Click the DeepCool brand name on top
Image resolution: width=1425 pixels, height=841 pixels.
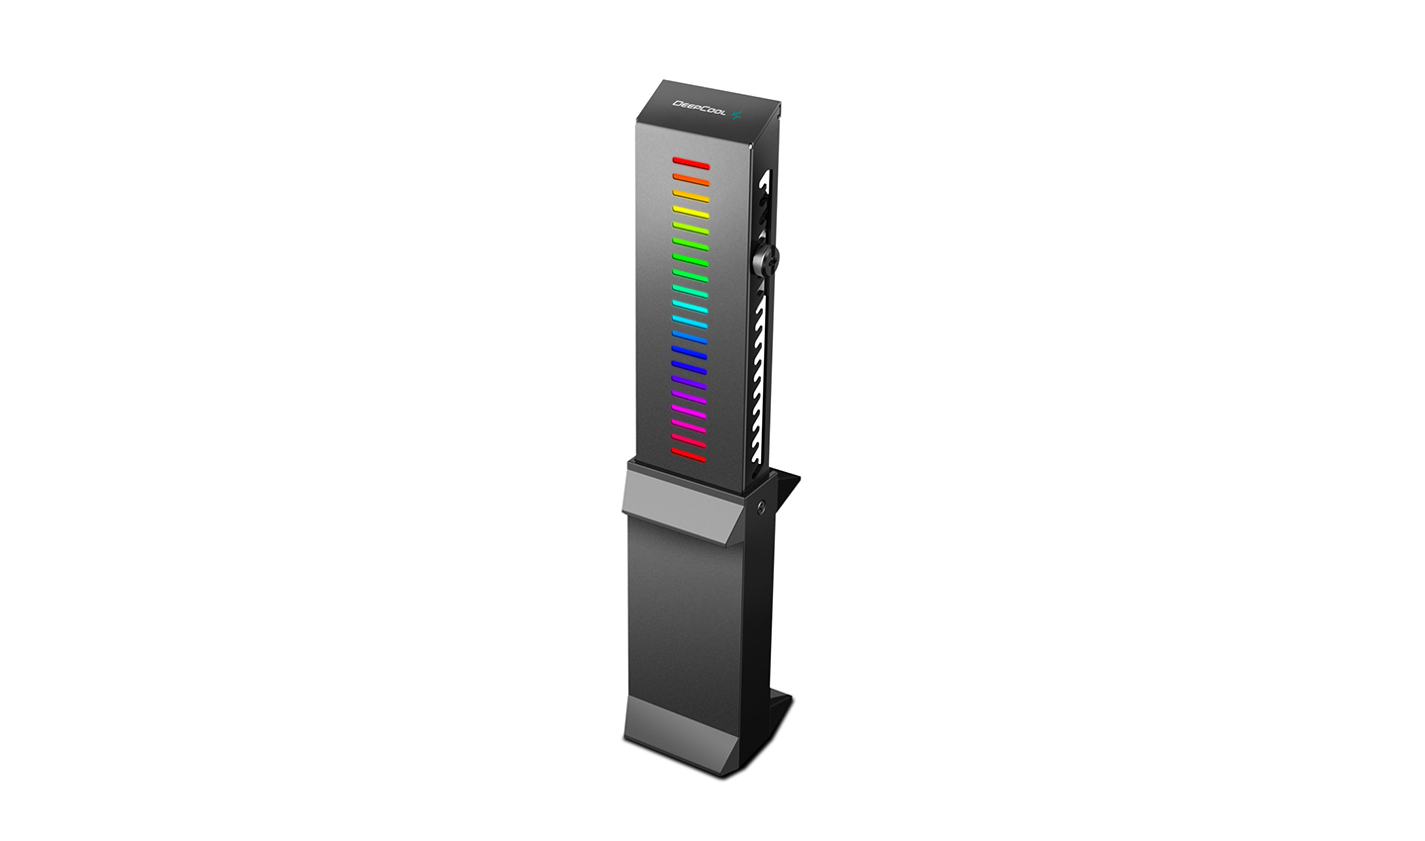699,108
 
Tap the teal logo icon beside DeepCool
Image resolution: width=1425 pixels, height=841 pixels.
734,117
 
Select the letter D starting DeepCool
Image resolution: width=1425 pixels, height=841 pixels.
677,101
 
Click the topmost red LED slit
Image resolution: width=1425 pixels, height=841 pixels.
691,162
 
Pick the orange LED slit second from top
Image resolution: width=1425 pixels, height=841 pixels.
691,179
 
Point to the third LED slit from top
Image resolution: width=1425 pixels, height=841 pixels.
691,195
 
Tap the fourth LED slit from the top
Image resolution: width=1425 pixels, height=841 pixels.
691,211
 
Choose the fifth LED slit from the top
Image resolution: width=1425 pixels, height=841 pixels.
691,227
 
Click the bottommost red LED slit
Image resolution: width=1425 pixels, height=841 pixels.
690,453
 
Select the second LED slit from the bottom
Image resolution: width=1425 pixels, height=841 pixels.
690,438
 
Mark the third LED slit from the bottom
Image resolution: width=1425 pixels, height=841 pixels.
690,422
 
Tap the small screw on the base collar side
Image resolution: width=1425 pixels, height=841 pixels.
760,507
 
